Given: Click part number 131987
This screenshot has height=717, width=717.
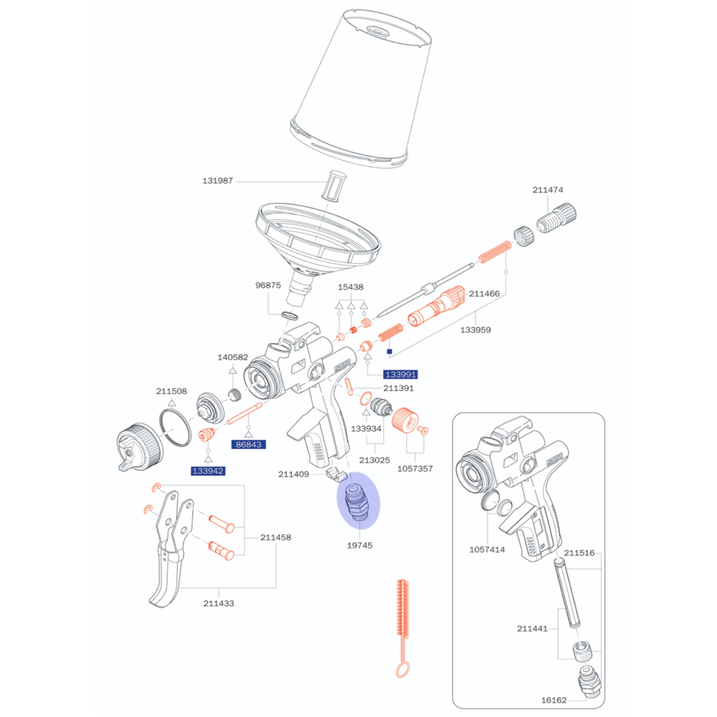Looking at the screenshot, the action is pos(217,181).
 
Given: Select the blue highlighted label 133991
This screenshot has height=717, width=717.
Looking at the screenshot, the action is pos(400,374).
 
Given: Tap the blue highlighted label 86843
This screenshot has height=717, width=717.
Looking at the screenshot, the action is pos(249,445).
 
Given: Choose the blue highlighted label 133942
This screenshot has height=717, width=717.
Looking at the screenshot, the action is pos(208,471).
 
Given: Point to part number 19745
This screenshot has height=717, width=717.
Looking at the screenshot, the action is pos(360,546).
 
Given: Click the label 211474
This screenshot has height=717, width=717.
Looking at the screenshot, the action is pos(548,190).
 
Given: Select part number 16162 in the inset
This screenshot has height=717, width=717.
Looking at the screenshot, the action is pos(554,700).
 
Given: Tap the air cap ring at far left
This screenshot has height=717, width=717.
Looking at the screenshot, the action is pos(140,448).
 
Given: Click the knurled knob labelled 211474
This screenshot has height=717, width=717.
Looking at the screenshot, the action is pos(557,219).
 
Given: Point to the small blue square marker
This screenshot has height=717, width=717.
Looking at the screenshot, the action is pos(390,351).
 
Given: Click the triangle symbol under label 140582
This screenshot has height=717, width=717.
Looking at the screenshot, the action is pos(232,370).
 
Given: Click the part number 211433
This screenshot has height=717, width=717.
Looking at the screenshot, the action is pos(219,603).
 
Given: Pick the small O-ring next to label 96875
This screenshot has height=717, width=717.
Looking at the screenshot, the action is pos(290,316).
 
